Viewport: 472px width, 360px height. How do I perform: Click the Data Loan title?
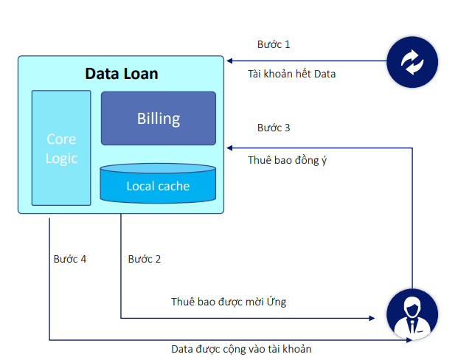(122, 74)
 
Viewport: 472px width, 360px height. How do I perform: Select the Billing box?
(158, 118)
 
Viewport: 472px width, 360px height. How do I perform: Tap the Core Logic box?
(61, 148)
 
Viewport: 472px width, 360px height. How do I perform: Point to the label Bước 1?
(274, 44)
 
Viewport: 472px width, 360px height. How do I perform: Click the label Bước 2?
(144, 259)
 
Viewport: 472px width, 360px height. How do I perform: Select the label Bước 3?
(274, 128)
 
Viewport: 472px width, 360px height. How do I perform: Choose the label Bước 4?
(70, 259)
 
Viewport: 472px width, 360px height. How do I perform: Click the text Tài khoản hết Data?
(291, 74)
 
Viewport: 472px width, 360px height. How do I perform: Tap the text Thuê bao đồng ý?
(288, 159)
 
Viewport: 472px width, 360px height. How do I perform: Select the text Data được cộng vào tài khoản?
(246, 349)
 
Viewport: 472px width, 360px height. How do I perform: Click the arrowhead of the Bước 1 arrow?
(229, 60)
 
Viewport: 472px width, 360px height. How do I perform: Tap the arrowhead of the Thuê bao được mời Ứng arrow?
(372, 319)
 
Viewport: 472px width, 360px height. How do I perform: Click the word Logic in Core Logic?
(61, 158)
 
